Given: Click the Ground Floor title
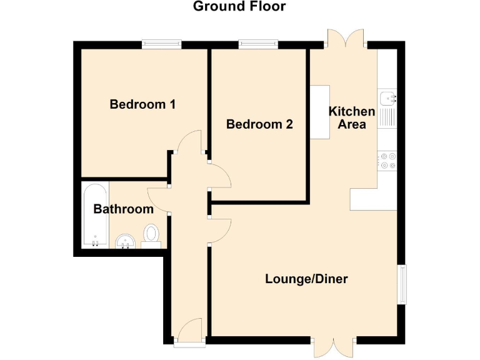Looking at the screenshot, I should (x=239, y=7).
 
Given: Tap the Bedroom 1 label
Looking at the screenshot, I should (x=142, y=104).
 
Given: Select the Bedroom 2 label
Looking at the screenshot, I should (x=259, y=124).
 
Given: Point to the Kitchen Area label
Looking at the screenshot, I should (x=352, y=117).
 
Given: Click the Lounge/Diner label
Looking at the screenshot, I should (x=306, y=279).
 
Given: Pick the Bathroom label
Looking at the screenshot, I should (x=123, y=209).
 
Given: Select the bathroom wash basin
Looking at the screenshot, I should (x=124, y=241).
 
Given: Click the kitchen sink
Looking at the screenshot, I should (x=387, y=98).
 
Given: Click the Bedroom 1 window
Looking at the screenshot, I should (x=161, y=44).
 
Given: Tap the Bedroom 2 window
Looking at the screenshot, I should (x=258, y=44).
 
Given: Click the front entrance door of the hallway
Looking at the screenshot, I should (x=189, y=331).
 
